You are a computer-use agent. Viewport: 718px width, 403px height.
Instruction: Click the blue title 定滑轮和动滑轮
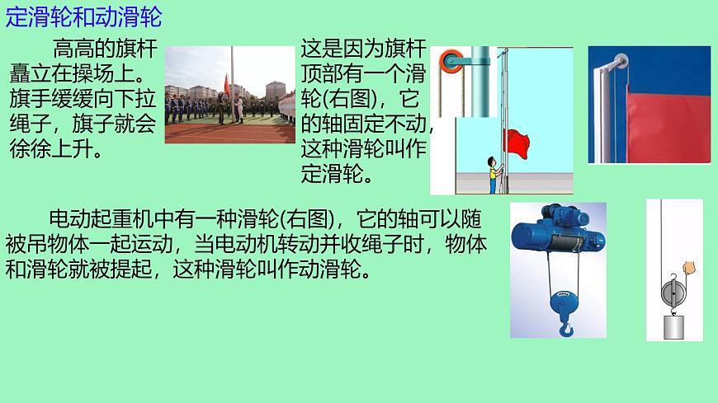83,16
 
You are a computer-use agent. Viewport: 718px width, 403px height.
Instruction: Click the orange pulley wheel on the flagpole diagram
451,62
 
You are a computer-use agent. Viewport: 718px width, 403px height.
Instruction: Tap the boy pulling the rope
493,172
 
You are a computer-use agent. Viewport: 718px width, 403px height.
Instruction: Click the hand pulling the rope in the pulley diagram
690,269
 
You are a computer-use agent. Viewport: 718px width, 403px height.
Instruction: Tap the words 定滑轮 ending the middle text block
329,175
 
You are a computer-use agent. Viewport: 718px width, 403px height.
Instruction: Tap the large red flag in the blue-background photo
668,124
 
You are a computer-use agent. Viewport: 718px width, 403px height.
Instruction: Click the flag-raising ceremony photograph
229,95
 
